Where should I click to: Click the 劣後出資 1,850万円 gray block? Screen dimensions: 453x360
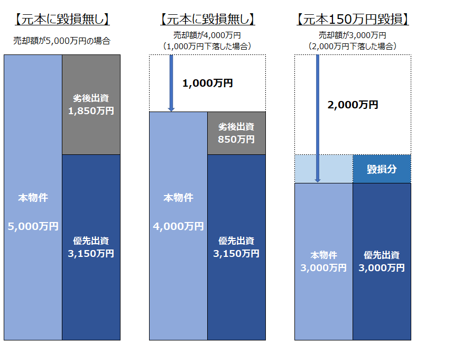click(91, 105)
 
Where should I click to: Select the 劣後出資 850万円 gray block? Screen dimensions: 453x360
click(237, 133)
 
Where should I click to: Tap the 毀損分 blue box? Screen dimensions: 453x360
click(382, 169)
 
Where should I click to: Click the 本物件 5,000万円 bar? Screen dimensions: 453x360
click(33, 197)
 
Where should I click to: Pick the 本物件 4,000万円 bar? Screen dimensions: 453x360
click(178, 226)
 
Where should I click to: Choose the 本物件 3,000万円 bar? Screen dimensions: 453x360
click(323, 262)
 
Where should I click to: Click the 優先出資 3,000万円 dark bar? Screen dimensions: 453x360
click(382, 262)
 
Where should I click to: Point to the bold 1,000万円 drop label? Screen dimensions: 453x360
click(207, 83)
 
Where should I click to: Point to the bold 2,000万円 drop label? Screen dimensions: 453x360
click(353, 105)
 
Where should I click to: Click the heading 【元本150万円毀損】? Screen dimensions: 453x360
click(353, 20)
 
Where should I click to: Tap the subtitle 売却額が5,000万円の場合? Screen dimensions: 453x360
click(62, 41)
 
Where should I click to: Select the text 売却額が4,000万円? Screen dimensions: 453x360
click(207, 35)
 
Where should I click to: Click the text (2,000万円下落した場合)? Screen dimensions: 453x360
click(353, 46)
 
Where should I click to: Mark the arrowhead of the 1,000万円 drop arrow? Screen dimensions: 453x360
click(171, 110)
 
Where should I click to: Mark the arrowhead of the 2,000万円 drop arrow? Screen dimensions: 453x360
click(318, 181)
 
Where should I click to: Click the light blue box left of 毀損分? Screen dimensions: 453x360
click(323, 169)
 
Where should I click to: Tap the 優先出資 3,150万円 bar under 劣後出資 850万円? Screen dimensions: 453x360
click(237, 247)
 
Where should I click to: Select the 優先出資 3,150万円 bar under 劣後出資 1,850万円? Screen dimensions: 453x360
click(91, 247)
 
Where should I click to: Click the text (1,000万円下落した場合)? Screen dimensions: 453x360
click(207, 46)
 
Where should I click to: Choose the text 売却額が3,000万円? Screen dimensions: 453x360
click(353, 35)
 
